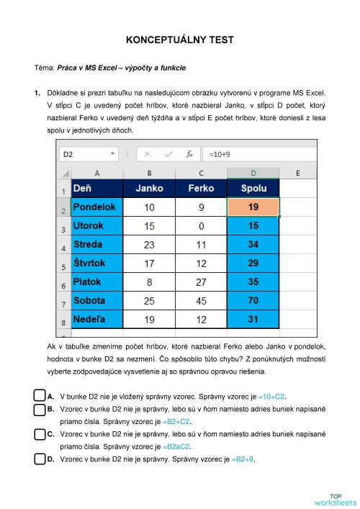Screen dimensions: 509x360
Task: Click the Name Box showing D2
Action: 86,154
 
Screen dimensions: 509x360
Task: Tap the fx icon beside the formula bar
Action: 190,154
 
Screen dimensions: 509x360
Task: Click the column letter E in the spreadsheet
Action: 298,173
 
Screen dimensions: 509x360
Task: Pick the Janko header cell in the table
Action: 150,189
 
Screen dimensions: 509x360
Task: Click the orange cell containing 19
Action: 253,207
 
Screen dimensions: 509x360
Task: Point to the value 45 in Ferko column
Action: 201,299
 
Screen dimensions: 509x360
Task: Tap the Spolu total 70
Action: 253,299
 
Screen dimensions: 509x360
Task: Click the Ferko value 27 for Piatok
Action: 201,281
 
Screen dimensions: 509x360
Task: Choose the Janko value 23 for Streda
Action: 150,244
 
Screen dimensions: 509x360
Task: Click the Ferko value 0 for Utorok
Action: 201,226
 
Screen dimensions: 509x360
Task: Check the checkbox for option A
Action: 40,395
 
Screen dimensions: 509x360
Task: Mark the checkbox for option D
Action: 40,458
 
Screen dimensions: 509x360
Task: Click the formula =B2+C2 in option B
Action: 176,420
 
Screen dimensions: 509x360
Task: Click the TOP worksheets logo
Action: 335,498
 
